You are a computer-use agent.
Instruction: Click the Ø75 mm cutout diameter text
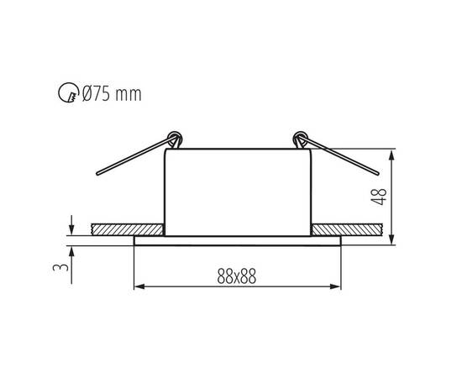tap(112, 94)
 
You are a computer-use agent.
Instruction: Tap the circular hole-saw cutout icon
tap(68, 92)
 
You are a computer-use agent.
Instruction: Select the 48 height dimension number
tap(379, 197)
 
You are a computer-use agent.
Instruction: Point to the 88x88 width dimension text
tap(237, 276)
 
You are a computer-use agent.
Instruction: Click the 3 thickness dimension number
tap(60, 267)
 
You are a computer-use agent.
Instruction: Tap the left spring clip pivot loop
tap(175, 138)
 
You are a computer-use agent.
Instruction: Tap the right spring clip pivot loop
tap(300, 138)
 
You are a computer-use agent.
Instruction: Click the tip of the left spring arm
tap(97, 174)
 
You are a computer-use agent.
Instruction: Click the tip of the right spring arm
tap(377, 173)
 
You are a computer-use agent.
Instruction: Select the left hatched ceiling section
tap(128, 229)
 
